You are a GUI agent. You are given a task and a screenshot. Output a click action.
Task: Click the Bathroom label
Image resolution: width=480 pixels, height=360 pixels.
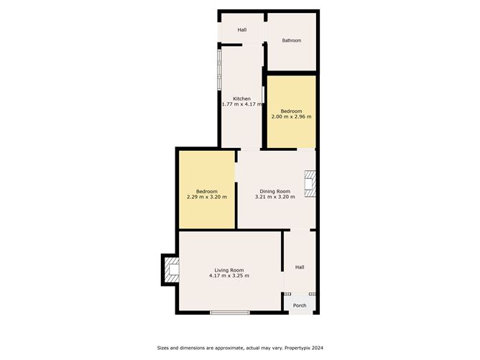292,40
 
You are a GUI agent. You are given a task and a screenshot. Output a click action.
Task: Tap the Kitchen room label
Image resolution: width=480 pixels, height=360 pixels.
242,98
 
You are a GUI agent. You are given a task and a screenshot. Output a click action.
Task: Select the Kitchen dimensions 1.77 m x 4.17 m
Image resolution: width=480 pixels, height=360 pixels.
242,104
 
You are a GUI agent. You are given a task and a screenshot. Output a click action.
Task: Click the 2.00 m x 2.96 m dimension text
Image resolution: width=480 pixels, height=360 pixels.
292,116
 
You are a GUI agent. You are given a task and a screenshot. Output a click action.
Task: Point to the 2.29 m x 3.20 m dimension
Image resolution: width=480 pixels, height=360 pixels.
207,197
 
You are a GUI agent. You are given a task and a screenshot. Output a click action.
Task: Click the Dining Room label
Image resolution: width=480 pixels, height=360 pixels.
275,191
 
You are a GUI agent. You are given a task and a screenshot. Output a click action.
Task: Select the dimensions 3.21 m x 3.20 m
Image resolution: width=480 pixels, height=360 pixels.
275,197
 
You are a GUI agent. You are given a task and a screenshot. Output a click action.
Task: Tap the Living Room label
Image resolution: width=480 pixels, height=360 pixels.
229,270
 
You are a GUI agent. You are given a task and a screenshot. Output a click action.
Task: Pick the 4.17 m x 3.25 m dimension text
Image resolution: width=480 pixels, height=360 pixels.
229,276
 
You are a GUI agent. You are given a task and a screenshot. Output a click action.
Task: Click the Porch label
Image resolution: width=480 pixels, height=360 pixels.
300,305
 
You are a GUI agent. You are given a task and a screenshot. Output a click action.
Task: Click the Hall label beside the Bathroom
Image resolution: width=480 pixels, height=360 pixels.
242,29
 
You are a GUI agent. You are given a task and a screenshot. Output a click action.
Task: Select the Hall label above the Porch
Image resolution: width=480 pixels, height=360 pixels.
300,267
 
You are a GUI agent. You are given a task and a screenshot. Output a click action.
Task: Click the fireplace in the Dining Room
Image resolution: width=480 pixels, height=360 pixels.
310,184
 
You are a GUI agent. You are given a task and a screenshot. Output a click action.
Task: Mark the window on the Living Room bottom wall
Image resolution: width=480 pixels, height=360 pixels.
230,313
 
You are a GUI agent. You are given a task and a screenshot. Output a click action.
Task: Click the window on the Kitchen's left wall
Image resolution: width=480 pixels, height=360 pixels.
219,70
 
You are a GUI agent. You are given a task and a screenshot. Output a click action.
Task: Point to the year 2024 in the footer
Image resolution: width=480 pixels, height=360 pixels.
318,348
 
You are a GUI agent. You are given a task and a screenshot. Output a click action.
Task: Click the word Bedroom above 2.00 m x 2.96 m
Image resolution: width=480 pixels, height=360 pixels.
292,111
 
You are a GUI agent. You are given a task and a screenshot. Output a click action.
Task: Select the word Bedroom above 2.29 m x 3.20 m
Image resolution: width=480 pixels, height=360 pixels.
207,191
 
